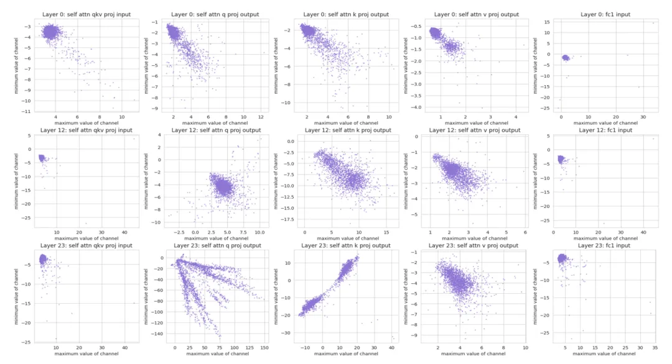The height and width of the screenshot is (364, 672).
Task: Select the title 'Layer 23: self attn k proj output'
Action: (346, 245)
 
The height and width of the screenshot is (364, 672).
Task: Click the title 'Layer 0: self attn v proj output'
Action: (476, 14)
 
